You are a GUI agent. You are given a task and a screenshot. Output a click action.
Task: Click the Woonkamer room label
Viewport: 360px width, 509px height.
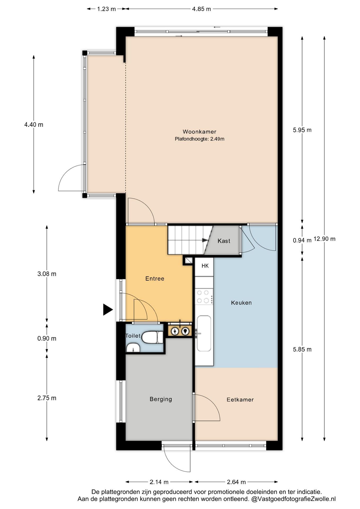coord(199,131)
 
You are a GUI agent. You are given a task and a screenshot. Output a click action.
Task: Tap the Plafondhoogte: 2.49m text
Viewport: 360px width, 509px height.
coord(199,139)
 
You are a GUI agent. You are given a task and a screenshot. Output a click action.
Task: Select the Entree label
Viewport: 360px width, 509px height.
coord(155,279)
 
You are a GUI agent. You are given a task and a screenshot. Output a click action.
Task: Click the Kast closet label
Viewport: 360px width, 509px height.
coord(224,241)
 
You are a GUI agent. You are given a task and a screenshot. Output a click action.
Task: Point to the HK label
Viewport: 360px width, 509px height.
coord(205,266)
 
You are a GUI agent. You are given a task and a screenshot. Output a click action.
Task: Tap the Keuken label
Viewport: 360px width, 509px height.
coord(241,303)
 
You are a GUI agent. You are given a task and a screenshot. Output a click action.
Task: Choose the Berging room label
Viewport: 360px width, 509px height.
coord(161,399)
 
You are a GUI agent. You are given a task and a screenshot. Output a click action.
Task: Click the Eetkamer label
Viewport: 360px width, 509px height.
coord(240,400)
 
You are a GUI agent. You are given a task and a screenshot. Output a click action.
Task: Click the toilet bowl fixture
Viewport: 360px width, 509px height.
coord(152,337)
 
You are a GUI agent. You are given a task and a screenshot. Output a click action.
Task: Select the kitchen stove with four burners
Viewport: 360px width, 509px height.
coord(204,297)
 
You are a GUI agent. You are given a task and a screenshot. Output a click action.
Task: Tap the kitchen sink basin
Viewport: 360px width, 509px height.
coord(204,333)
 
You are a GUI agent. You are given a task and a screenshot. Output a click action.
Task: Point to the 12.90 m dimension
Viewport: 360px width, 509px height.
coord(324,239)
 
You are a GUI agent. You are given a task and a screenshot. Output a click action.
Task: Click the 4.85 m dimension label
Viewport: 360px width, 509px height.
coord(201,9)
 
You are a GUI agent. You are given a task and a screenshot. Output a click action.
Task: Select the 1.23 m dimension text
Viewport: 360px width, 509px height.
coord(106,9)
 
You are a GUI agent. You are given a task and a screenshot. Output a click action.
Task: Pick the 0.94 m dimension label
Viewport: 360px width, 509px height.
coord(302,240)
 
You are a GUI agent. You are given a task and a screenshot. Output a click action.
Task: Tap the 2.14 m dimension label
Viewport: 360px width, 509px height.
coord(159,482)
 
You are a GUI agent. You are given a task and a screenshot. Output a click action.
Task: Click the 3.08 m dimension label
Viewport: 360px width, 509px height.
coord(47,274)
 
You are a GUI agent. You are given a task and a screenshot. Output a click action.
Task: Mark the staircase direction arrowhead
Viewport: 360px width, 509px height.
coord(205,240)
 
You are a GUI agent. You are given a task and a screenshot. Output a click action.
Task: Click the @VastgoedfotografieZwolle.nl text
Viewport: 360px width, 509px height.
coord(293,499)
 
